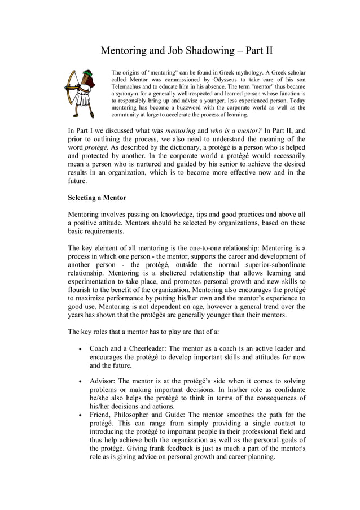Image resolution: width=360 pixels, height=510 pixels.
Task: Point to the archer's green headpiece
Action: point(86,74)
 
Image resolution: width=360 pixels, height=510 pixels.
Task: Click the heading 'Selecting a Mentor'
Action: point(97,198)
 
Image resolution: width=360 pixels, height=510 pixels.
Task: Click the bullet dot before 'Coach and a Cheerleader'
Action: point(78,349)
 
